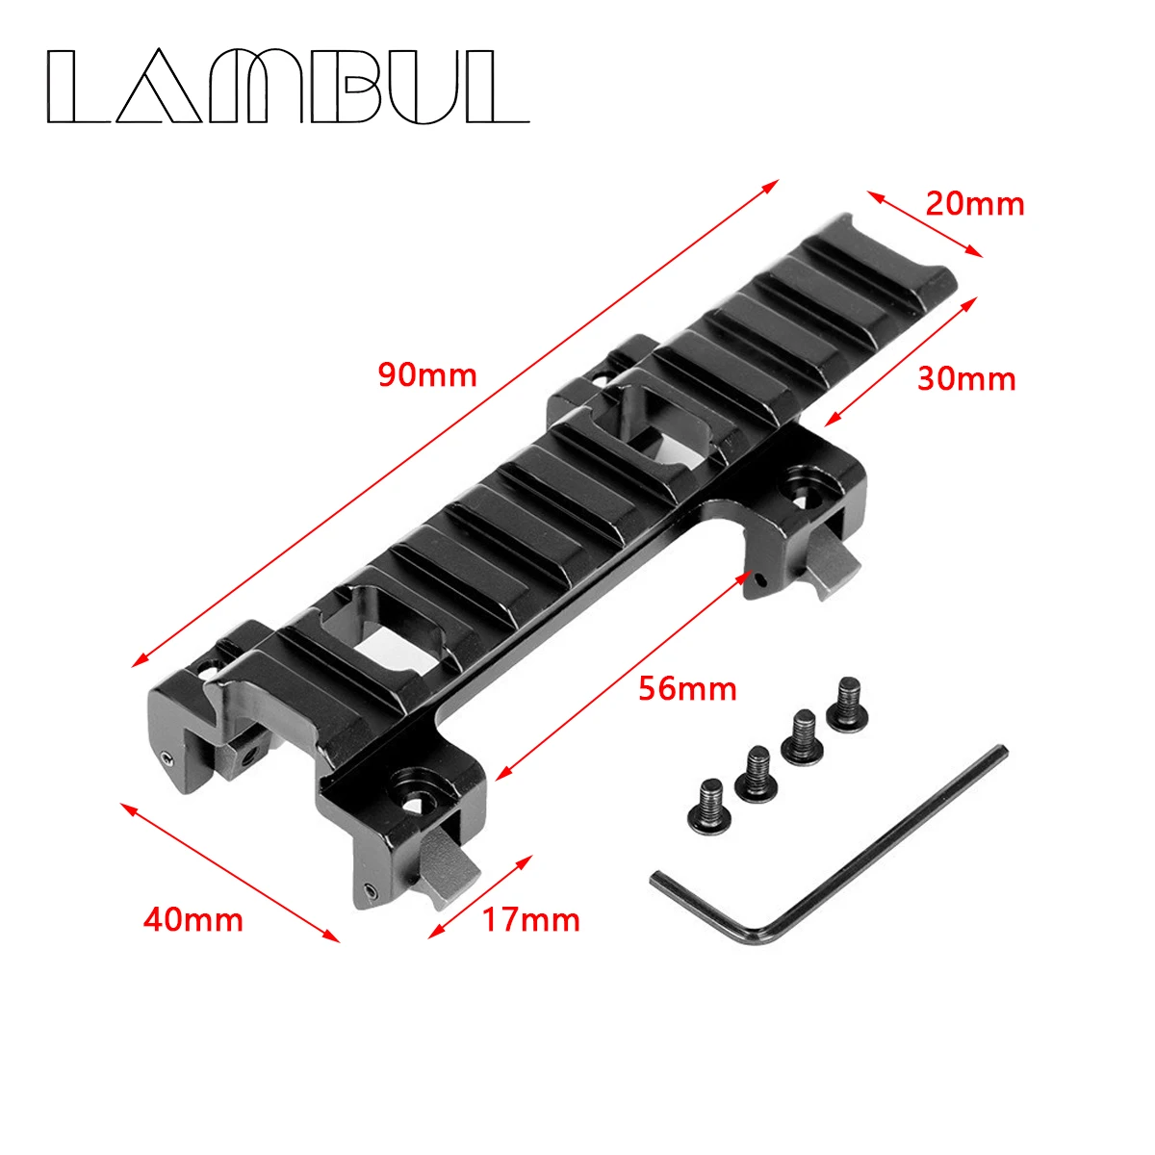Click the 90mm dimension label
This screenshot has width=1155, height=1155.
(426, 373)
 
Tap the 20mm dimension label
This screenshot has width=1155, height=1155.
(974, 204)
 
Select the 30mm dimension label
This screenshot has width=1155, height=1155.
(965, 379)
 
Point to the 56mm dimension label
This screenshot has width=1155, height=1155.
(687, 688)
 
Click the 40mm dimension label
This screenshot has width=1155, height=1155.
(192, 920)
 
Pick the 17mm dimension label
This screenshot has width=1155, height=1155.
(530, 920)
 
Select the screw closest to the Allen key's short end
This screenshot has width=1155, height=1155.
(710, 803)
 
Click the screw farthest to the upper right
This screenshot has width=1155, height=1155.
(846, 701)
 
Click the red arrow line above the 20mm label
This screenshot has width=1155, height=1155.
(925, 224)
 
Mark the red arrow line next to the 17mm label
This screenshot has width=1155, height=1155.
(479, 896)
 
